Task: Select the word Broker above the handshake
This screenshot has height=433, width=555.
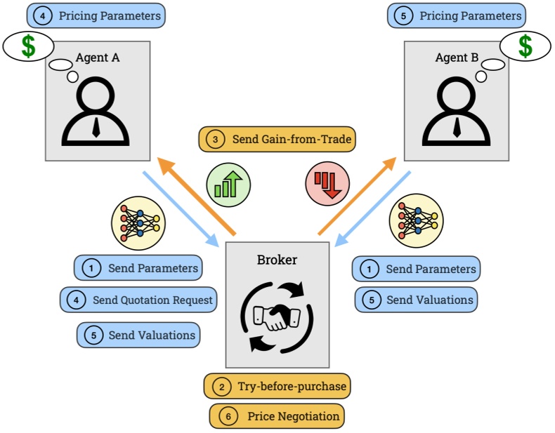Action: pos(277,260)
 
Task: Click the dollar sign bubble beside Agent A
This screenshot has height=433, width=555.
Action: pos(29,46)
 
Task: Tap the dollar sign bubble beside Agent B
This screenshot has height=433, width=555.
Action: pos(525,46)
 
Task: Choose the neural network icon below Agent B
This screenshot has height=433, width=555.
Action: pos(417,219)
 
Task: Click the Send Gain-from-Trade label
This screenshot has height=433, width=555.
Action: pos(277,139)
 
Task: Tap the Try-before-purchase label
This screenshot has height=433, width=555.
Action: pos(277,386)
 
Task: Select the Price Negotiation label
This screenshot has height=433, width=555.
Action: pos(277,416)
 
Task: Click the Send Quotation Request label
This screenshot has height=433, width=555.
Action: pos(138,300)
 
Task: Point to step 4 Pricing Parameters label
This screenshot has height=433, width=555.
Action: pos(96,15)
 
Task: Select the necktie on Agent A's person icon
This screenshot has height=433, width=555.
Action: pos(96,127)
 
